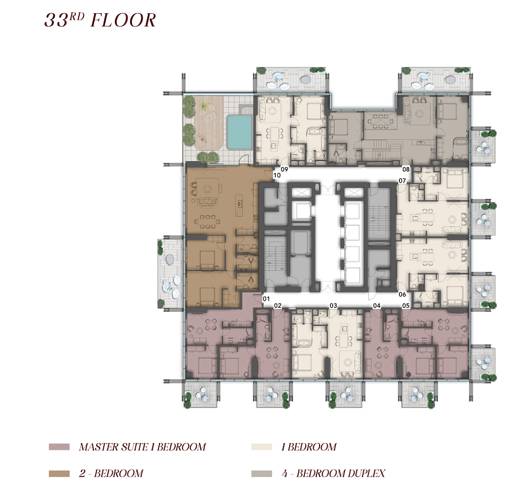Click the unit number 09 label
pyautogui.click(x=284, y=169)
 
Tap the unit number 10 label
pyautogui.click(x=277, y=175)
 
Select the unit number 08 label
pyautogui.click(x=406, y=169)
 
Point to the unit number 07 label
pyautogui.click(x=402, y=181)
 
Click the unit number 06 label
pyautogui.click(x=402, y=294)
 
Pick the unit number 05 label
pyautogui.click(x=406, y=306)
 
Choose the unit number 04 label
pyautogui.click(x=376, y=306)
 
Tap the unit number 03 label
pyautogui.click(x=333, y=306)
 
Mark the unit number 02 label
pyautogui.click(x=277, y=306)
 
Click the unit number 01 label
pyautogui.click(x=266, y=299)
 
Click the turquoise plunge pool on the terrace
pyautogui.click(x=239, y=132)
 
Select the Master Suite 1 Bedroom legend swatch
pyautogui.click(x=59, y=447)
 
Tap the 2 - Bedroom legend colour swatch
pyautogui.click(x=59, y=474)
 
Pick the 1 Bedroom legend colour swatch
pyautogui.click(x=262, y=447)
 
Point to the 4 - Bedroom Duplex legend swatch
pyautogui.click(x=262, y=474)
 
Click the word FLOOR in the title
pyautogui.click(x=123, y=20)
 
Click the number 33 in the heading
pyautogui.click(x=56, y=20)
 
